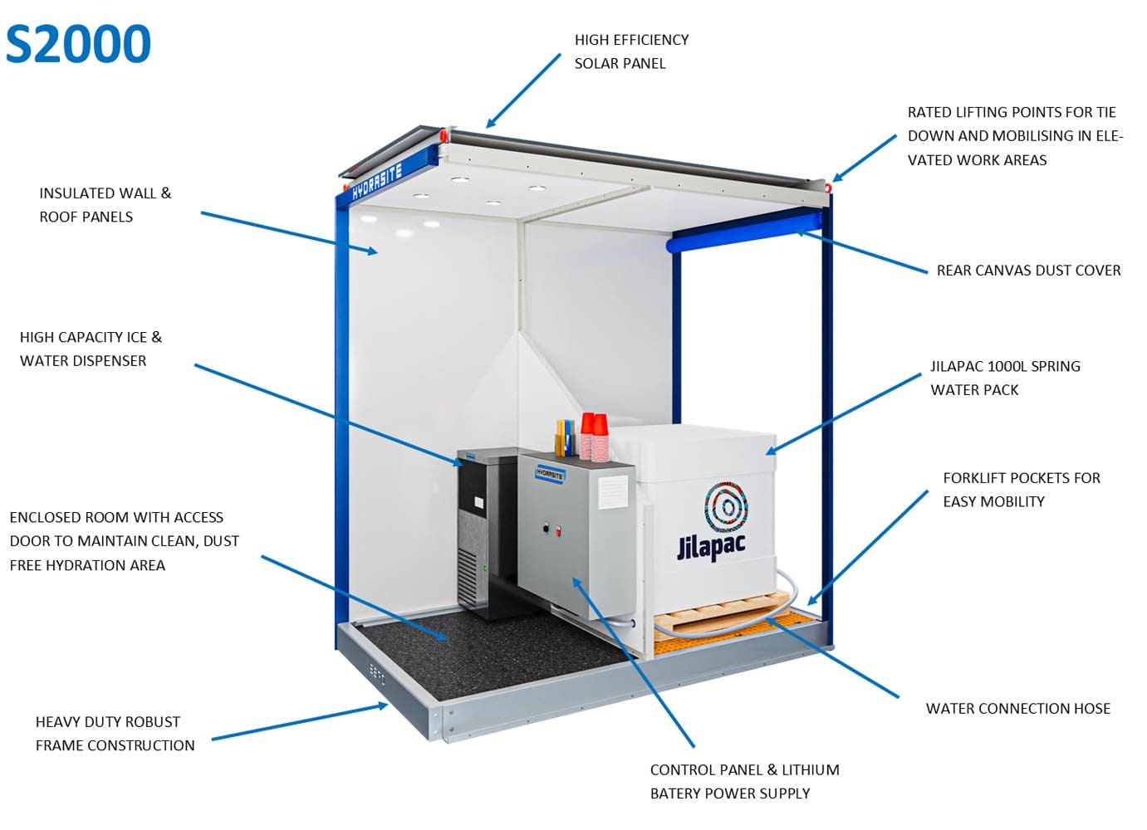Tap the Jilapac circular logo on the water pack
(x=727, y=507)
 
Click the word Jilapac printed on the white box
(x=711, y=546)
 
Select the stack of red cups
(x=594, y=437)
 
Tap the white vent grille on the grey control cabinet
(x=612, y=492)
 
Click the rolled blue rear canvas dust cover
(x=744, y=232)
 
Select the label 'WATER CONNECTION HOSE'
(x=1018, y=708)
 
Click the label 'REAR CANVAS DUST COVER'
(x=1029, y=271)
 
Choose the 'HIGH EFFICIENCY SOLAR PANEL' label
(x=631, y=51)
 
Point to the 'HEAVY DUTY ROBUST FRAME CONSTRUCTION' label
(x=115, y=733)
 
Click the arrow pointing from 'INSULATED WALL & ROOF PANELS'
(x=289, y=232)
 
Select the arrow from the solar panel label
(x=522, y=90)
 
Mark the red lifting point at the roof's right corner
(x=828, y=186)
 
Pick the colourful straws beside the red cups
(x=565, y=438)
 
